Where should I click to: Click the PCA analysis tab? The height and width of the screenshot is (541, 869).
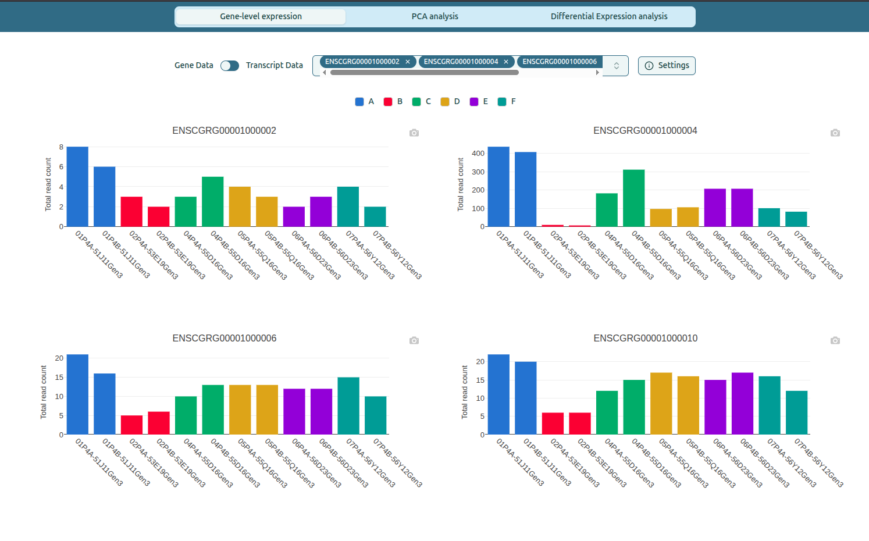point(434,16)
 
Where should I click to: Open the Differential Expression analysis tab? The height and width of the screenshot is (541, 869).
point(608,16)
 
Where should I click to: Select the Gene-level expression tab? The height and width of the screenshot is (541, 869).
point(261,16)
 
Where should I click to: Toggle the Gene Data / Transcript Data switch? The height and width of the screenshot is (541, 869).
point(230,66)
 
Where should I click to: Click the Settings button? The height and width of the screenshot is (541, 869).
point(667,66)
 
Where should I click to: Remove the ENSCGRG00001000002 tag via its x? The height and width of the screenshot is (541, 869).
point(408,62)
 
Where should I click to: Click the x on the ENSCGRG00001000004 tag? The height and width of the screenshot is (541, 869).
point(506,62)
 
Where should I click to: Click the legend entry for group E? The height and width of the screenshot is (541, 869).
point(479,102)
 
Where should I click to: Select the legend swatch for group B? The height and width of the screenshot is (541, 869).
point(388,102)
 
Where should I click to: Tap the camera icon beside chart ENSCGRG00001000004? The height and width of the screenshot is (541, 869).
point(835,133)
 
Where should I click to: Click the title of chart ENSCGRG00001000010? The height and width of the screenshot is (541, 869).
point(645,338)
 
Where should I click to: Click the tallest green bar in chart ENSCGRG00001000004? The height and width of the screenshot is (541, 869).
point(633,198)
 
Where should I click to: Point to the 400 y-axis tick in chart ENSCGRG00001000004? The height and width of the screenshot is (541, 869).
point(478,154)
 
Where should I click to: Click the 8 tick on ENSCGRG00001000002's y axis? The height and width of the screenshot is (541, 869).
point(61,147)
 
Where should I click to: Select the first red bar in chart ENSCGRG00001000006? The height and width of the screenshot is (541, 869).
point(131,425)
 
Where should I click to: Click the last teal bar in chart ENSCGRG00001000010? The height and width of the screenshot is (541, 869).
point(796,412)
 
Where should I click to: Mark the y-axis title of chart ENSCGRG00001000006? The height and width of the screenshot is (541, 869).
point(44,392)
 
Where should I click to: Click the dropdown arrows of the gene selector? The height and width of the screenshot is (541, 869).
point(616,66)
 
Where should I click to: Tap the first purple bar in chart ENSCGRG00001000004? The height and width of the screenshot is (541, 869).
point(715,208)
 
